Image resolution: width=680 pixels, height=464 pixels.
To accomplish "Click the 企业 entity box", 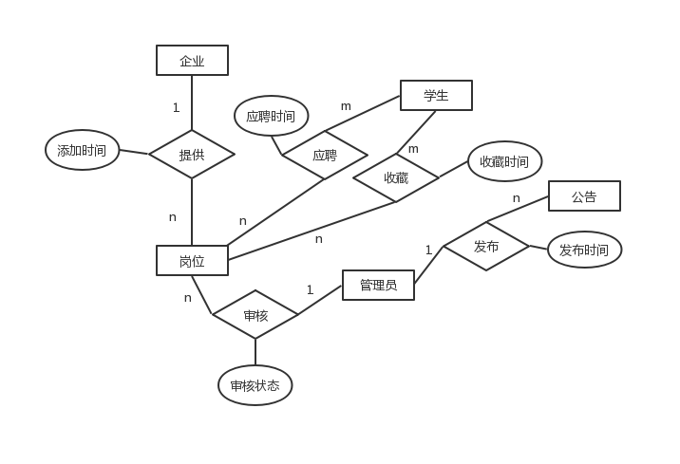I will pyautogui.click(x=192, y=61).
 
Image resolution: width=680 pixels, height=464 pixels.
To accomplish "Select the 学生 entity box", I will pyautogui.click(x=436, y=96).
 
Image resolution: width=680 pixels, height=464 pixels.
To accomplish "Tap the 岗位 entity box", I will pyautogui.click(x=192, y=261).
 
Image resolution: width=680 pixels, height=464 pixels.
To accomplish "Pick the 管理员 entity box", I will pyautogui.click(x=378, y=285).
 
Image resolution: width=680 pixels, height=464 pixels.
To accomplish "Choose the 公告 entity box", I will pyautogui.click(x=584, y=196).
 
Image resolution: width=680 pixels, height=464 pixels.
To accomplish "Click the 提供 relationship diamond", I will pyautogui.click(x=192, y=155).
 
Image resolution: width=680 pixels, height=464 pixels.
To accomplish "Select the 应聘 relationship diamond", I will pyautogui.click(x=325, y=156).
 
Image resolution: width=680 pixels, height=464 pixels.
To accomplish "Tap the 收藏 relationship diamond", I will pyautogui.click(x=396, y=177).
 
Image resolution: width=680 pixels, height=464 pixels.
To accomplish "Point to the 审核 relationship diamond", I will pyautogui.click(x=255, y=315).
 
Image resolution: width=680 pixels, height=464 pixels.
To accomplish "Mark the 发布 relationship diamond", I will pyautogui.click(x=486, y=247).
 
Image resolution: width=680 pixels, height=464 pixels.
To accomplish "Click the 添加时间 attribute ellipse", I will pyautogui.click(x=82, y=150).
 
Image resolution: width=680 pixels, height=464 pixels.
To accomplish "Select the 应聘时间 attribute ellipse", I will pyautogui.click(x=271, y=117).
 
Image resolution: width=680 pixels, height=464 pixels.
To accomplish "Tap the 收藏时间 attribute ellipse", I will pyautogui.click(x=504, y=161).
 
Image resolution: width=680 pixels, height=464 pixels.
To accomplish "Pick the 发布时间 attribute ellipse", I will pyautogui.click(x=584, y=251).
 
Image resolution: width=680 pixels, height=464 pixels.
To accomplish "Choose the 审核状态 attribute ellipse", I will pyautogui.click(x=255, y=386).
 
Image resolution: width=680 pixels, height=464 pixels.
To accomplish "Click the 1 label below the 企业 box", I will pyautogui.click(x=176, y=108).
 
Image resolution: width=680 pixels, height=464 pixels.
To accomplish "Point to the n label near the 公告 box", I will pyautogui.click(x=516, y=198).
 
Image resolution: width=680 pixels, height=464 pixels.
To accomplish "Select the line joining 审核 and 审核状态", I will pyautogui.click(x=255, y=352).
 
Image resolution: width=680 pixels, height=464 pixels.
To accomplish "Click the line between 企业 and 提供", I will pyautogui.click(x=192, y=102).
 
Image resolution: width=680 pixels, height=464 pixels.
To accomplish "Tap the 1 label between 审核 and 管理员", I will pyautogui.click(x=310, y=289).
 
